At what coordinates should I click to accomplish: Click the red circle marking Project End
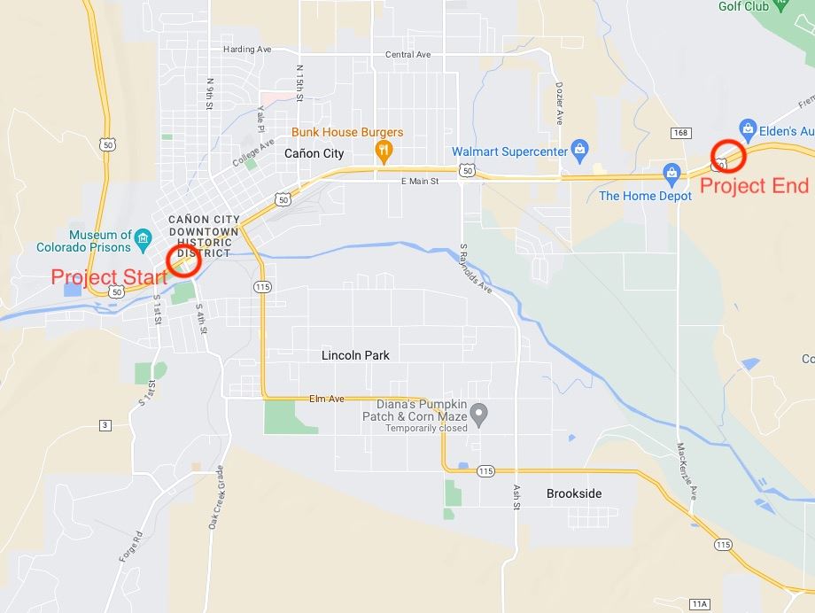[729, 156]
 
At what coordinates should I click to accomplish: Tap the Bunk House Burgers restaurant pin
[384, 151]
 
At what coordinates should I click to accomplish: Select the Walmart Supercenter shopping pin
[579, 147]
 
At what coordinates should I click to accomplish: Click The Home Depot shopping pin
[671, 171]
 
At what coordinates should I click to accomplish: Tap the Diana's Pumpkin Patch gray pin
[479, 413]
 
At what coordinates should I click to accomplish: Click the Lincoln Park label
[355, 355]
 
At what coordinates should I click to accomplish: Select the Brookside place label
[574, 493]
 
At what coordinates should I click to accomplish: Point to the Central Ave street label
[407, 55]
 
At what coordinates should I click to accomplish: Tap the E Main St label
[420, 182]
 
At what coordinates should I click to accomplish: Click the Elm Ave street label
[325, 399]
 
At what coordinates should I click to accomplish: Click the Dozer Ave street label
[559, 104]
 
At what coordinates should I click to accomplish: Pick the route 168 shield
[680, 133]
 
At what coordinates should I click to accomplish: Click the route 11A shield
[699, 603]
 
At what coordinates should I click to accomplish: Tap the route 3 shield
[105, 426]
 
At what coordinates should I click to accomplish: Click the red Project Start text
[108, 276]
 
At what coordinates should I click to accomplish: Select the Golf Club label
[742, 7]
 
